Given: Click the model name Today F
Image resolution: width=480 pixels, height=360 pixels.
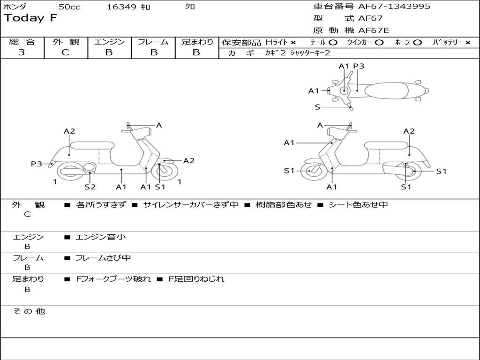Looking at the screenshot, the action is pos(30,19).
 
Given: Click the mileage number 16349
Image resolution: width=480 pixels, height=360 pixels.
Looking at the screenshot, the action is pos(121,7).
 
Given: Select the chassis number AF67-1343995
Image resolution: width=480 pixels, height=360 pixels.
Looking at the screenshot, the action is pos(394,7).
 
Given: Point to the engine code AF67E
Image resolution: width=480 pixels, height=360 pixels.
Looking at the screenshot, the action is pos(374,30).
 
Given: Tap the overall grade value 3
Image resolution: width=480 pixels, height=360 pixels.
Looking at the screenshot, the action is pos(22,52).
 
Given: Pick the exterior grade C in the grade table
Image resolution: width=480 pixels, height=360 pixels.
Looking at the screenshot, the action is pos(65,52).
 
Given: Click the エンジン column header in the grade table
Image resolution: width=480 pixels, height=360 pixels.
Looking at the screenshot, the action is pos(109,42).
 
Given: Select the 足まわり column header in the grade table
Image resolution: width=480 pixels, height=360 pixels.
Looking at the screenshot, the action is pos(197,42).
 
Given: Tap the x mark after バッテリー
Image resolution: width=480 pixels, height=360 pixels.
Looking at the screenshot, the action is pos(467,42).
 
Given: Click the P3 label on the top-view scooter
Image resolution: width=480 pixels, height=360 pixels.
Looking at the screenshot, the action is pos(359,66).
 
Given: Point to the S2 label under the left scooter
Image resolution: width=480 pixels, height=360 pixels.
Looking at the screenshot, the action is pos(90,187).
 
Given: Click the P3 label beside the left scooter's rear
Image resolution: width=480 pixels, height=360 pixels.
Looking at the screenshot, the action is pos(37,164).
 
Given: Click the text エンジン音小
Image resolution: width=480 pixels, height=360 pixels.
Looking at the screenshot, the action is pos(101,237).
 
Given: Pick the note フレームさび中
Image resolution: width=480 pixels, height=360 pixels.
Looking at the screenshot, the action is pos(103,258).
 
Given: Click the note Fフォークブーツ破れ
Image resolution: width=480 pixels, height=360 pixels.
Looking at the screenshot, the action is pos(113,279).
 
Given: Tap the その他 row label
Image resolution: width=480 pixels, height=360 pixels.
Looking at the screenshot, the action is pos(29,311).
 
